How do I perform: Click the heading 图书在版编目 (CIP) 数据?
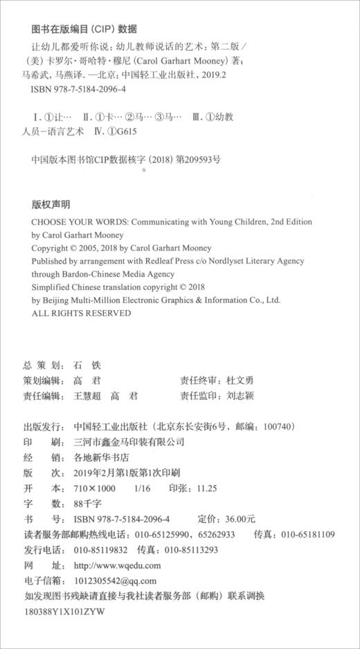click(84, 29)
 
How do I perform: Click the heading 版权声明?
click(51, 204)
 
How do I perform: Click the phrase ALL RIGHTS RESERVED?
click(82, 313)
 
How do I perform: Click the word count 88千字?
click(87, 503)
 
